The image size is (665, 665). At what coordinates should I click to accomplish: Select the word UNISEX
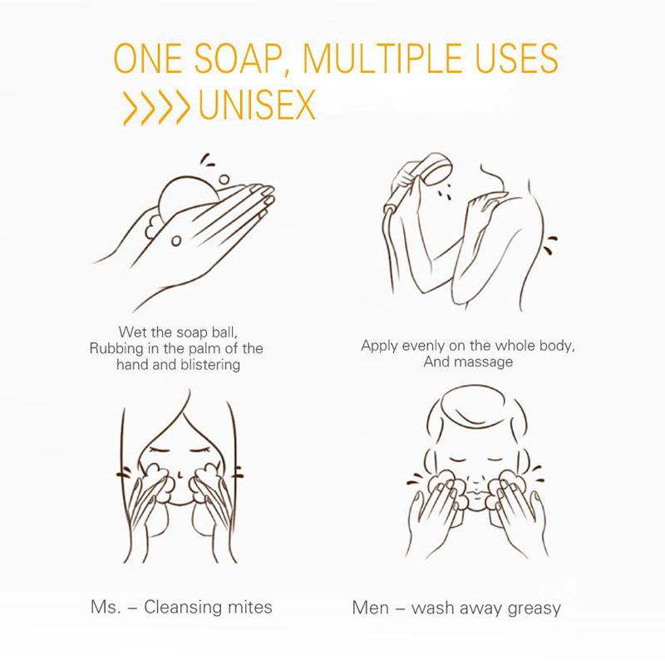click(257, 105)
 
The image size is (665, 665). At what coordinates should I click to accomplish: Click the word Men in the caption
click(370, 608)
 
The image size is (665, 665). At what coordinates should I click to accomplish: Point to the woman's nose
click(180, 472)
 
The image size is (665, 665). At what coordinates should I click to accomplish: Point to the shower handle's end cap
click(389, 209)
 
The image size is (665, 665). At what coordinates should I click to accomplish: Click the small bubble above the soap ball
click(224, 180)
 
